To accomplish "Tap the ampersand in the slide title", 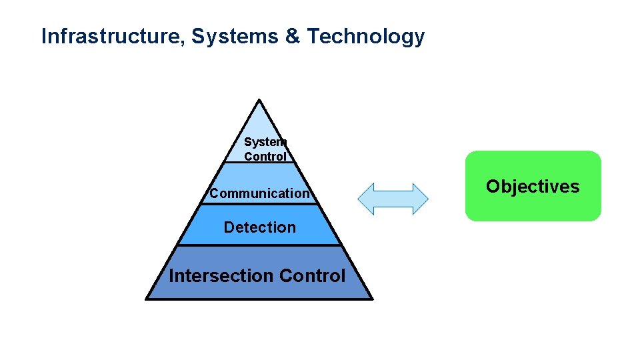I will (293, 37).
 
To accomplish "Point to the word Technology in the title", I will (365, 37).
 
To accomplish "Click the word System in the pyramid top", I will (265, 142).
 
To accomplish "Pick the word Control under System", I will (265, 157).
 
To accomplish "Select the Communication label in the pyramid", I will (259, 193).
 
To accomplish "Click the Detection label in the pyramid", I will (259, 227).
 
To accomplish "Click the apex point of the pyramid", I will (259, 101).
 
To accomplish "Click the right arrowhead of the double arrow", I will (422, 199).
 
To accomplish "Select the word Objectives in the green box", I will (533, 186).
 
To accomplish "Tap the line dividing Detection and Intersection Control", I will (259, 245).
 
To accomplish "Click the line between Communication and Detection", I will (259, 204).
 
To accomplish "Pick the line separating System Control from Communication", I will (259, 163).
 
